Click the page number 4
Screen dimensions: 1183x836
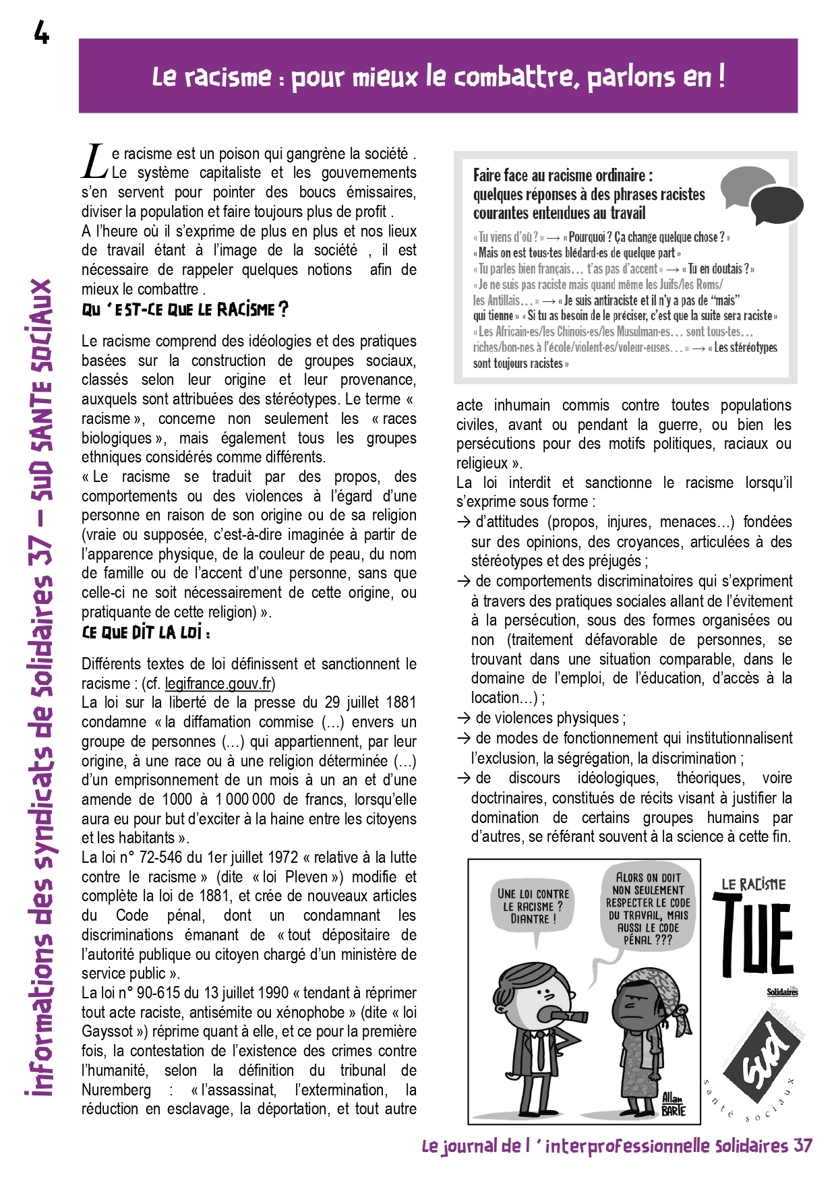pyautogui.click(x=42, y=32)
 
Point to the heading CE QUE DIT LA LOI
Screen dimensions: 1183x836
pyautogui.click(x=146, y=633)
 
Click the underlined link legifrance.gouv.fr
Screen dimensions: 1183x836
pyautogui.click(x=218, y=684)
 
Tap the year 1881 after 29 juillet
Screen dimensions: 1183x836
pyautogui.click(x=401, y=703)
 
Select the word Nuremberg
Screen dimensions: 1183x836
pyautogui.click(x=116, y=1091)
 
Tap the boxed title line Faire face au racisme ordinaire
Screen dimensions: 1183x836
pyautogui.click(x=562, y=176)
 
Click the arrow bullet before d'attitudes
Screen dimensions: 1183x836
pyautogui.click(x=463, y=522)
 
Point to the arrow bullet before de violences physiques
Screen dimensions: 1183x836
pyautogui.click(x=463, y=719)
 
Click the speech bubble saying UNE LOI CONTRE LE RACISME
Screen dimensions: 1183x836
pyautogui.click(x=533, y=907)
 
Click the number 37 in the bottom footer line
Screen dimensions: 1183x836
pyautogui.click(x=802, y=1147)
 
